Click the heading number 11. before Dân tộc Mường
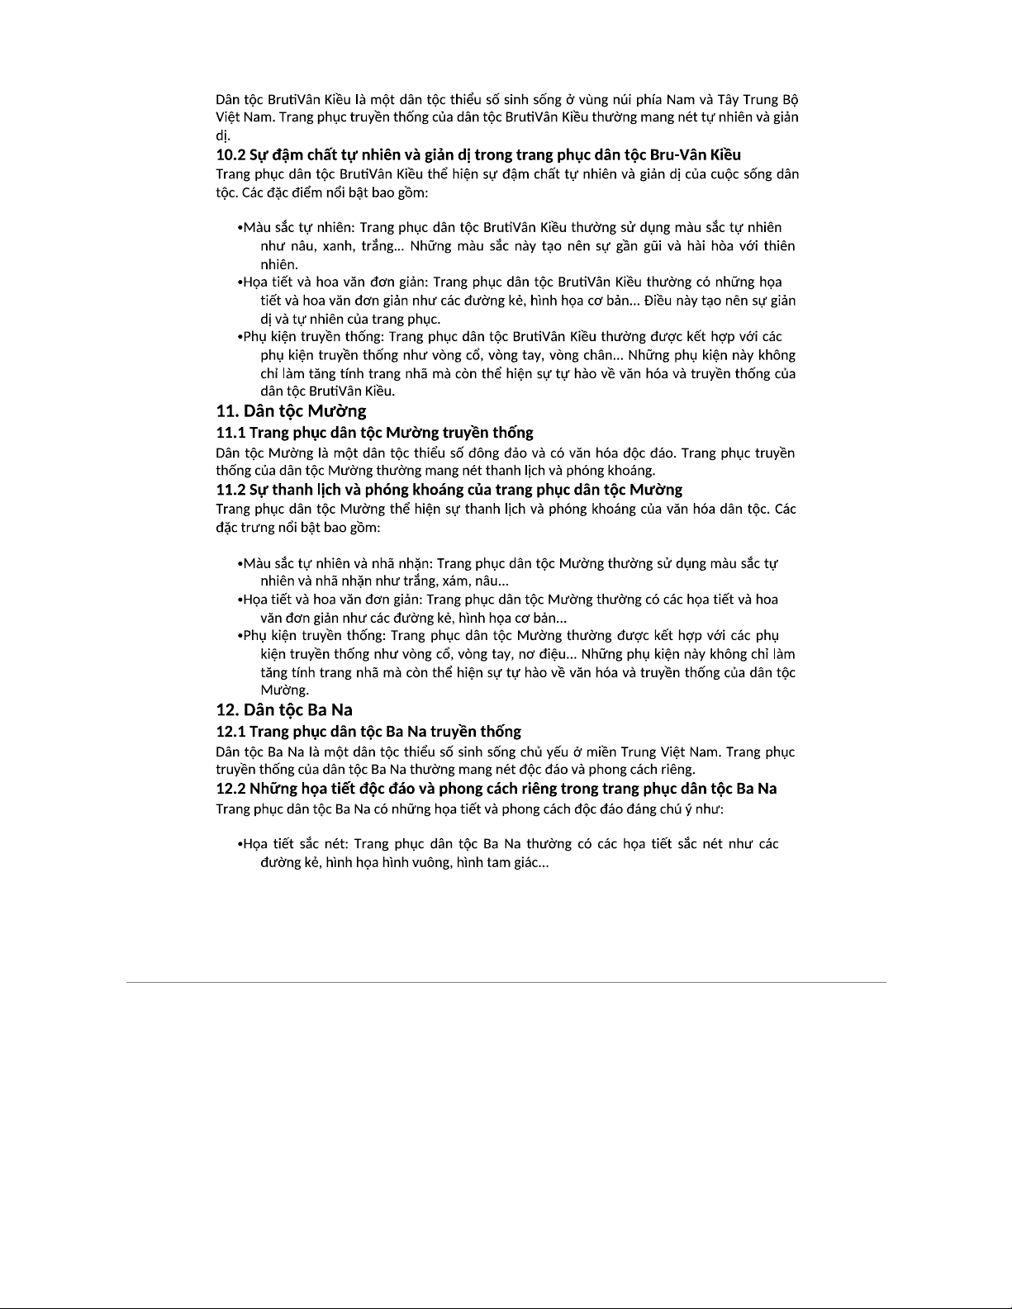227,411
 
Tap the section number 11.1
230,432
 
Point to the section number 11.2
230,489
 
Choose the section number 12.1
230,731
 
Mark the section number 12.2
230,788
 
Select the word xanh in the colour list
331,246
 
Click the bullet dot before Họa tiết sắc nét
240,844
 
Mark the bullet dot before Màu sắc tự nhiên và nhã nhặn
240,564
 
